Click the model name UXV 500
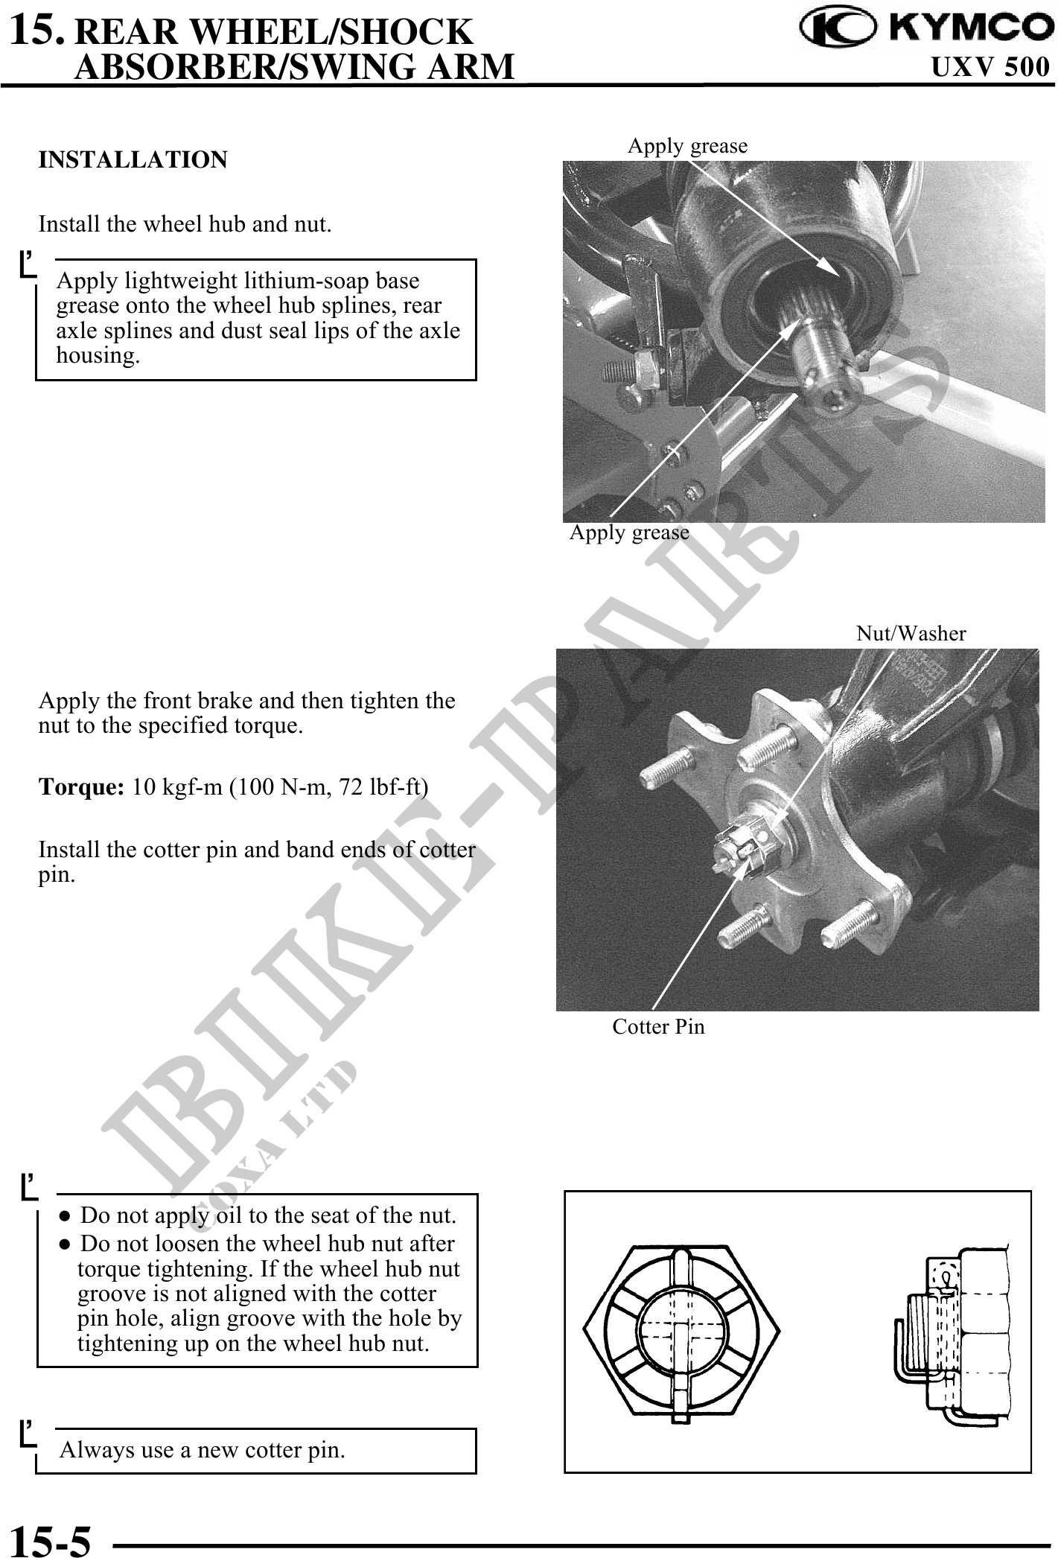990,68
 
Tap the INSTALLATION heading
133,160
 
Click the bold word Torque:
81,787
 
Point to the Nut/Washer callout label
911,634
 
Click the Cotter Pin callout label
658,1027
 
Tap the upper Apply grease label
687,146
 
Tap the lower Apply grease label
629,532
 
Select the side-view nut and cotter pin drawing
953,1330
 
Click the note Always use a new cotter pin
203,1450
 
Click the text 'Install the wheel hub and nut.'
185,224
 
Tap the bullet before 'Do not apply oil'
66,1215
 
